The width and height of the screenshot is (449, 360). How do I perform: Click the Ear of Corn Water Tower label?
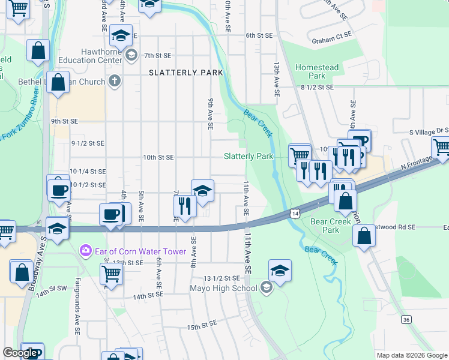click(x=140, y=250)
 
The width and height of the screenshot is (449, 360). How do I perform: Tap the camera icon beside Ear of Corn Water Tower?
click(x=86, y=250)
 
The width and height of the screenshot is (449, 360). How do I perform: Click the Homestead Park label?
click(x=316, y=72)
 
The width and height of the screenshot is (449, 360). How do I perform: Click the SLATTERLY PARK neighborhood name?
click(x=186, y=73)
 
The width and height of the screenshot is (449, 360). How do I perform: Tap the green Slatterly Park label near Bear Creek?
click(x=249, y=157)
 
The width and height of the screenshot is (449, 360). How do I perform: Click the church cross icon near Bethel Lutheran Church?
click(x=115, y=80)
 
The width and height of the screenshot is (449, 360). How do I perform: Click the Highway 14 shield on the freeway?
click(x=294, y=213)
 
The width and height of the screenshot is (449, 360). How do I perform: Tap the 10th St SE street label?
click(x=158, y=157)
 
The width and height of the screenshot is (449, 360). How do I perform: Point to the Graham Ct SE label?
click(x=331, y=35)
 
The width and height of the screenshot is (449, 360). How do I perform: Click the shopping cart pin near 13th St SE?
click(x=111, y=273)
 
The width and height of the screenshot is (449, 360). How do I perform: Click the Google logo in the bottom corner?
click(x=20, y=353)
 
